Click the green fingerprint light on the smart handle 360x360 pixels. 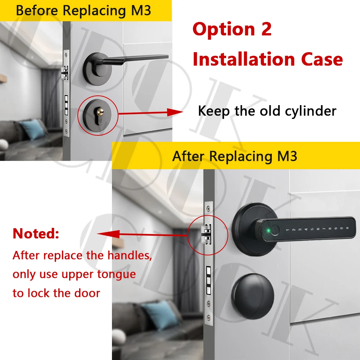(268, 230)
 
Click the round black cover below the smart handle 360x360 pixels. (253, 296)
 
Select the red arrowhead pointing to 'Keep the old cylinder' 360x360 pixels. (175, 112)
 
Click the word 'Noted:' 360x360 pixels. (36, 234)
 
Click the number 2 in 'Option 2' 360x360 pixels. (266, 29)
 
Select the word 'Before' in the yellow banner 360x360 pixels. (37, 10)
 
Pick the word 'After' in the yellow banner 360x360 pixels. (188, 156)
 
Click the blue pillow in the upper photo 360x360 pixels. (33, 129)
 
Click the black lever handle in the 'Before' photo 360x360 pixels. (135, 59)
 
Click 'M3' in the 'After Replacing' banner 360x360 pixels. (287, 156)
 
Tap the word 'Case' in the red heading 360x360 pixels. (322, 59)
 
